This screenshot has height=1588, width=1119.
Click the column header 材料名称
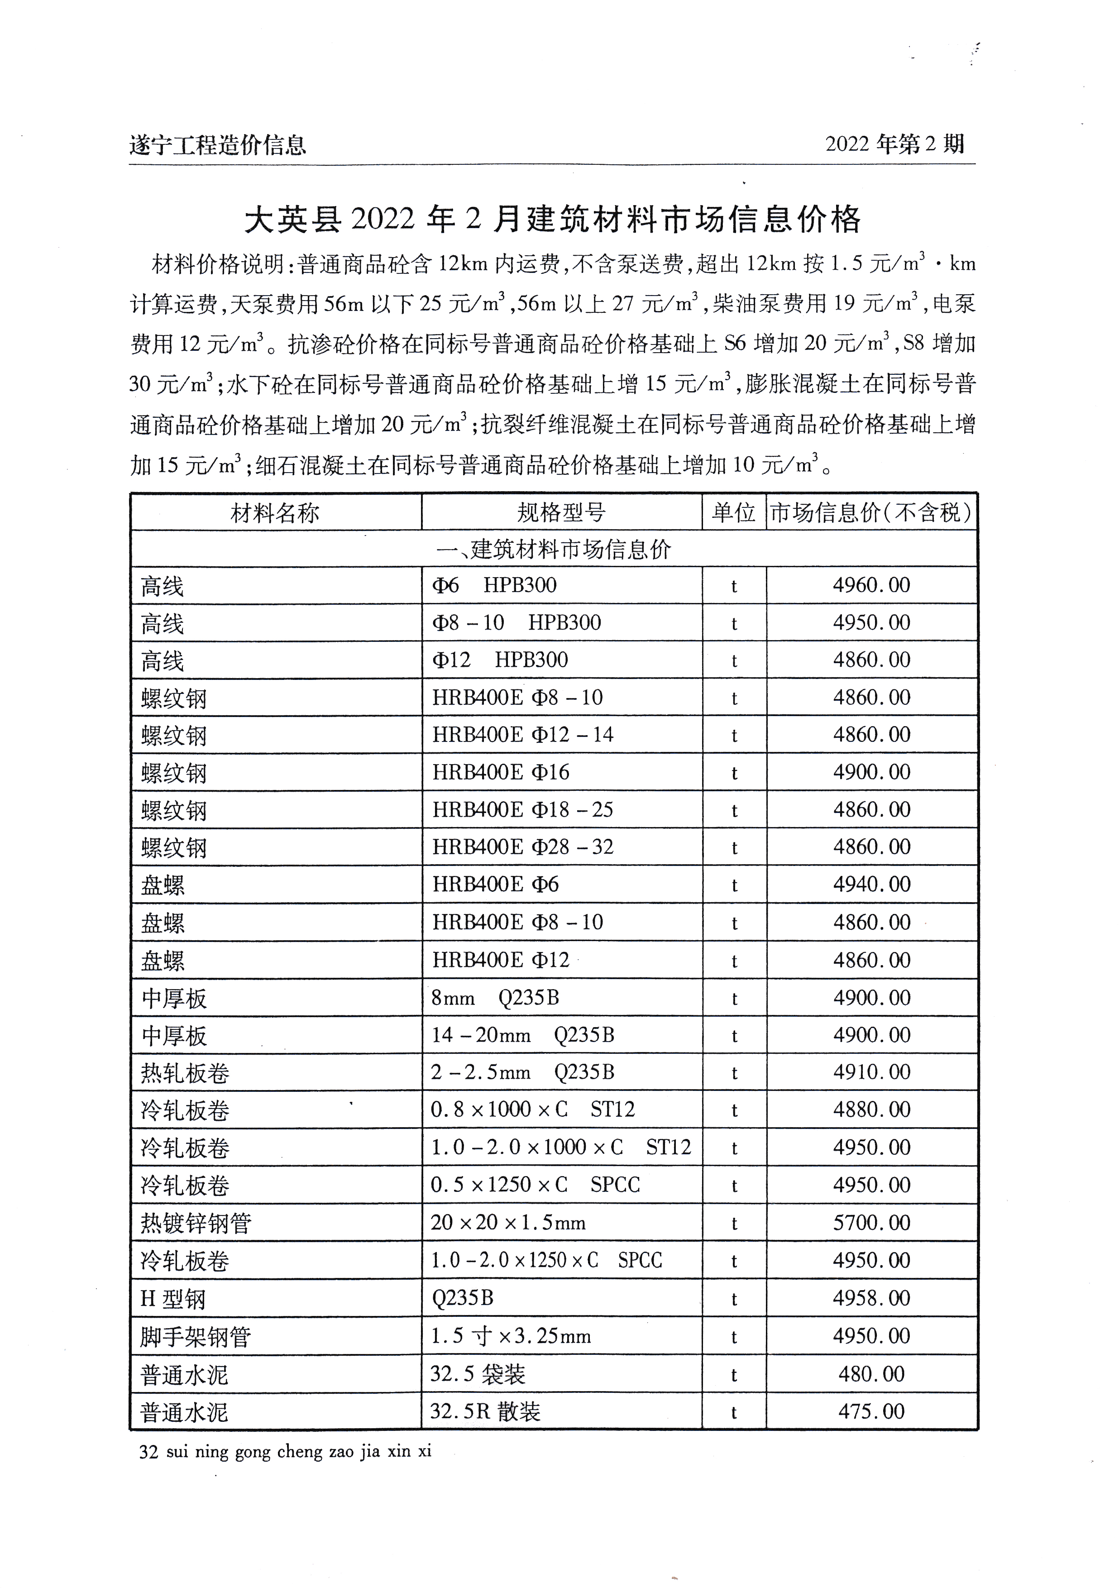[275, 513]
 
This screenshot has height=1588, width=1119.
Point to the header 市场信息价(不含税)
[871, 513]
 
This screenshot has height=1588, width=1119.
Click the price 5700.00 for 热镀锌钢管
[871, 1223]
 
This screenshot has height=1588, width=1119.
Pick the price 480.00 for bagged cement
[871, 1373]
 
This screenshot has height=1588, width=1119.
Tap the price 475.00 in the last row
[871, 1411]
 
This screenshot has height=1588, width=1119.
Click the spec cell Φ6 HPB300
[494, 586]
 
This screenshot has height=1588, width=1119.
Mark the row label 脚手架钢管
[195, 1337]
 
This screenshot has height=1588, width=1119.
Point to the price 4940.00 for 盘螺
[871, 885]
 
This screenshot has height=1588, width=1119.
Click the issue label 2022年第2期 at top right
[894, 144]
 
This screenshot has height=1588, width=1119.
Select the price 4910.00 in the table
[871, 1072]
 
